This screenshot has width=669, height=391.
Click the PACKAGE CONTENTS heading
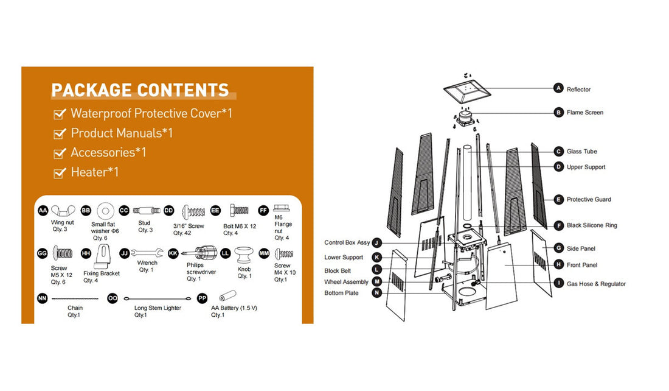coord(140,90)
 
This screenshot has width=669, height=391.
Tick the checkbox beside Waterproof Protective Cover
coord(60,114)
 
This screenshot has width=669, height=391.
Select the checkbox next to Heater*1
coord(60,172)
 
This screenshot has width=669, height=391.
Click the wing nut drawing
coord(63,210)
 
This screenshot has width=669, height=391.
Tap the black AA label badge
coord(43,210)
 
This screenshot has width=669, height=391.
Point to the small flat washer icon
coord(105,211)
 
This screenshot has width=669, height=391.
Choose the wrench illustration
coord(147,253)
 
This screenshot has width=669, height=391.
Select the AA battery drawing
coord(227,296)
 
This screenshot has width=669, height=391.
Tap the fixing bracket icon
coord(102,256)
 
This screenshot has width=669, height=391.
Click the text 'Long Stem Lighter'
coord(158,308)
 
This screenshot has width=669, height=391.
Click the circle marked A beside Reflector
coord(558,88)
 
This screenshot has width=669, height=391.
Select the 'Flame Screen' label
coord(585,113)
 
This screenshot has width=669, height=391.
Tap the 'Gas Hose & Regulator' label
coord(596,284)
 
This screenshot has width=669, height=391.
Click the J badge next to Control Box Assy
coord(376,243)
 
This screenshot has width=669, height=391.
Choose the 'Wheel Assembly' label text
coord(346,281)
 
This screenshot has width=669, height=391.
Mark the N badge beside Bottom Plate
coord(376,293)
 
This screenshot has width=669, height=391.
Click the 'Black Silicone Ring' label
coord(592,225)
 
